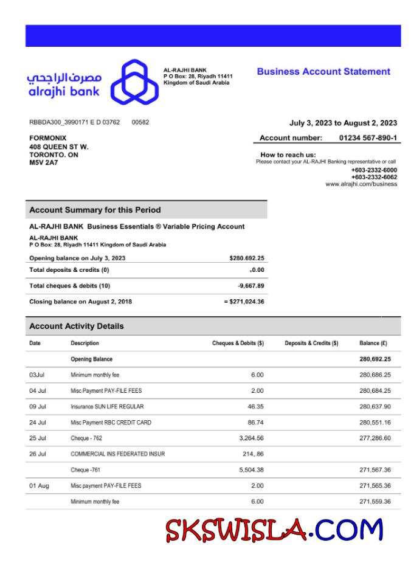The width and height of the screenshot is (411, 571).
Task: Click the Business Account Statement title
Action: pos(323,72)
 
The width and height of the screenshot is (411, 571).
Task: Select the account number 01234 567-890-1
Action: pos(368,138)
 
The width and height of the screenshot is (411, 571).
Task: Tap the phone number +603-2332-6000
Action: pos(374,170)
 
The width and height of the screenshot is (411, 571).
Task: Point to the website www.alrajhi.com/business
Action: pos(361,184)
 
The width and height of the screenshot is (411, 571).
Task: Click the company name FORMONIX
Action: pos(48,138)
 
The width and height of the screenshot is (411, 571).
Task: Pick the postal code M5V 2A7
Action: pos(41,163)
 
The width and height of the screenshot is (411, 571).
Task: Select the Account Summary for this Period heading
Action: pos(95,210)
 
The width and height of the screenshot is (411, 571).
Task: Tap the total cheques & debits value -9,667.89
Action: pos(250,286)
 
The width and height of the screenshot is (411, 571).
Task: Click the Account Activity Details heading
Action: pos(76,327)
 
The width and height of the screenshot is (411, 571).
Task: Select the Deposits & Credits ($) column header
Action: pos(311,344)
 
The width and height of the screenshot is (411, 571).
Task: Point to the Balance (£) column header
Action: pos(373,344)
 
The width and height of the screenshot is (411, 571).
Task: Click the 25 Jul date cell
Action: pos(38,438)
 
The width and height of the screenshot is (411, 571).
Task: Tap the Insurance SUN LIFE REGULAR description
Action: pos(107,406)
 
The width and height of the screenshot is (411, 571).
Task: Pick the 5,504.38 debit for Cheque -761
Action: pos(250,469)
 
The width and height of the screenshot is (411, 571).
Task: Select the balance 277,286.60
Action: pos(375,438)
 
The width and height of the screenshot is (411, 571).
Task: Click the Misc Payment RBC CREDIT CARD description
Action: pos(111,422)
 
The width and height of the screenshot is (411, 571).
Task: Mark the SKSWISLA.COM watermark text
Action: pos(275,530)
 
